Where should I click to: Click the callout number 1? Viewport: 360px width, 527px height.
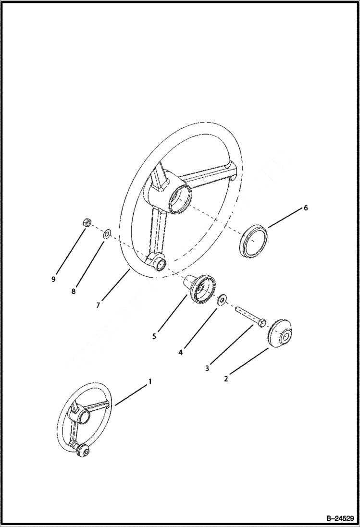pos(149,381)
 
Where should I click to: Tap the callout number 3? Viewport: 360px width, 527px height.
pos(208,368)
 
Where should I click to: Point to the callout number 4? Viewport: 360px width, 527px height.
pos(180,352)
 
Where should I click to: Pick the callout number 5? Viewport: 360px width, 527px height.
pos(154,336)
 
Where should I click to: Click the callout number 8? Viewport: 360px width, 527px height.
pos(74,291)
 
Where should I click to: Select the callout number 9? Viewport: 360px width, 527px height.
pos(54,279)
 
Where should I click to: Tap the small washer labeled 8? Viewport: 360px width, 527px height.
pos(107,234)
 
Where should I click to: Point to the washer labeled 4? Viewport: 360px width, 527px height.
pos(222,300)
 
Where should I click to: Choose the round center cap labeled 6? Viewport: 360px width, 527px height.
pos(254,239)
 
